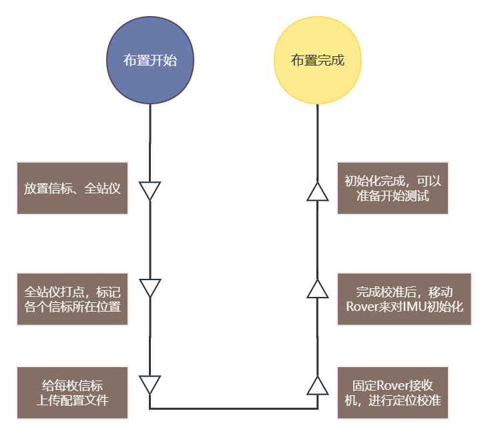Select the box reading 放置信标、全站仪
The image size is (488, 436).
point(72,188)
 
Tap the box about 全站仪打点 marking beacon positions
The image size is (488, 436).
point(72,299)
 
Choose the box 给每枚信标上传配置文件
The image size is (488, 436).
point(72,393)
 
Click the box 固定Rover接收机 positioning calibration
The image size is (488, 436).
point(393,393)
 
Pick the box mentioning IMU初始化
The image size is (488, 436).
point(404,299)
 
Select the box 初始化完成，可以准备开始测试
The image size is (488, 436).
point(393,188)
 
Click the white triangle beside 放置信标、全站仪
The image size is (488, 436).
point(150,191)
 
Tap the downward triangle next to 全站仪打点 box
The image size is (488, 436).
point(150,288)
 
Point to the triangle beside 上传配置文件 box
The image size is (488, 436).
point(150,385)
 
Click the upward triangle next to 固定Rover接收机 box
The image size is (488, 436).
point(317,386)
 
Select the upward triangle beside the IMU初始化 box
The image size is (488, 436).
point(317,289)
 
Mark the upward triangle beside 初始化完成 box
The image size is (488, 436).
point(317,192)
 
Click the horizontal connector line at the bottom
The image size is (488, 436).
point(234,408)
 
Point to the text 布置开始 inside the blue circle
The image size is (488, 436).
point(150,60)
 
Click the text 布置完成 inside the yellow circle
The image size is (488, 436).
point(317,60)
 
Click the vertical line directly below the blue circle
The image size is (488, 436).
point(150,140)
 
